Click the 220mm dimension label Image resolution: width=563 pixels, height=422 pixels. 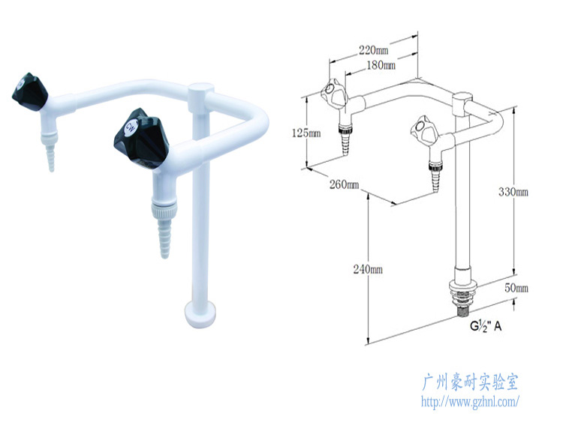point(373,50)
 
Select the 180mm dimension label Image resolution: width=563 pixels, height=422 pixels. point(381,65)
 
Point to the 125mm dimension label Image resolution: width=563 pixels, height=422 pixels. point(306,133)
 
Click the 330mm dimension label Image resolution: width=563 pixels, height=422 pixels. point(513,192)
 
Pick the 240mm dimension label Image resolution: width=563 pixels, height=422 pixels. point(368,269)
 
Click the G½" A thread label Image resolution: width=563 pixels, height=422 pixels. point(486,325)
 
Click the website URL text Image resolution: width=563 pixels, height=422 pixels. point(469,402)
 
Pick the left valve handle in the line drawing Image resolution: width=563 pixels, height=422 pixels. point(333,93)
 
